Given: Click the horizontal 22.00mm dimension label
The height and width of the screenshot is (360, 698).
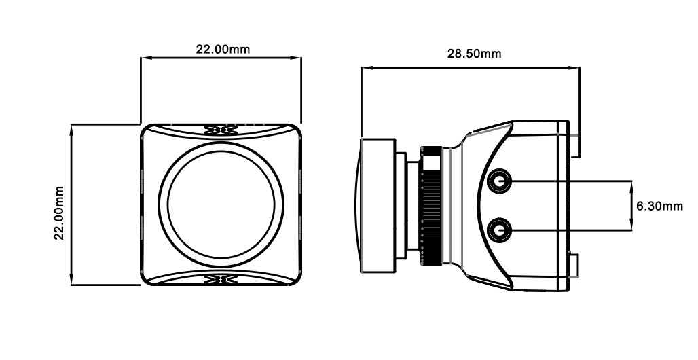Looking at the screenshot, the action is click(223, 49).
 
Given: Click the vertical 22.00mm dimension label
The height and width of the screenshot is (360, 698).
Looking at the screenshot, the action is click(59, 213).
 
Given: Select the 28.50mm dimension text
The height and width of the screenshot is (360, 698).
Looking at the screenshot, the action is click(474, 54).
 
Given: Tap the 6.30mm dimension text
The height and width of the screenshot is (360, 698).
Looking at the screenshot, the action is click(659, 206).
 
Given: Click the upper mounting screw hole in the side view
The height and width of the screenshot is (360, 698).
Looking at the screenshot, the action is click(499, 181).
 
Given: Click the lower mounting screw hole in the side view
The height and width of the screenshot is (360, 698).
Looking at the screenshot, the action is click(499, 230).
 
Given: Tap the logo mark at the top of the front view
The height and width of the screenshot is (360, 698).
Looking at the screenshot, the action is click(221, 130).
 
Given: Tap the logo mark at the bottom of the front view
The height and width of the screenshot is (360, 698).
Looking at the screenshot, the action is click(221, 279).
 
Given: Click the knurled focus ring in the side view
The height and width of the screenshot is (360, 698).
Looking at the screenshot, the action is click(431, 205).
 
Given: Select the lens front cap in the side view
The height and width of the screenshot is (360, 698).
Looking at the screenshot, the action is click(377, 205).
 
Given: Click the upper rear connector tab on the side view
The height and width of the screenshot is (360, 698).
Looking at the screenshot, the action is click(574, 145).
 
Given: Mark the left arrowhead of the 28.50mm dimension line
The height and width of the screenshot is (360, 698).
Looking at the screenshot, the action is click(365, 68).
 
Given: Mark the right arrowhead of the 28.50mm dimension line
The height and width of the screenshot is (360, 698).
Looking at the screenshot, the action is click(574, 68).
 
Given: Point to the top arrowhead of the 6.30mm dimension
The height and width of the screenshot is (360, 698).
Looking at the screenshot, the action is click(631, 186).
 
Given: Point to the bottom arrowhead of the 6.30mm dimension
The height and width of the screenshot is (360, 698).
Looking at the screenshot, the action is click(631, 225).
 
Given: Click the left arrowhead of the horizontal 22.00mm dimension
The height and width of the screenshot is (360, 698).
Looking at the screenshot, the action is click(145, 58).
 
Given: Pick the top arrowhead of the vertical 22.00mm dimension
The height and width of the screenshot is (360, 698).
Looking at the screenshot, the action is click(71, 130).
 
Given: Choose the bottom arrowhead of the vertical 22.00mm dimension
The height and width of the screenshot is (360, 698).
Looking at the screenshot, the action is click(71, 280).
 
